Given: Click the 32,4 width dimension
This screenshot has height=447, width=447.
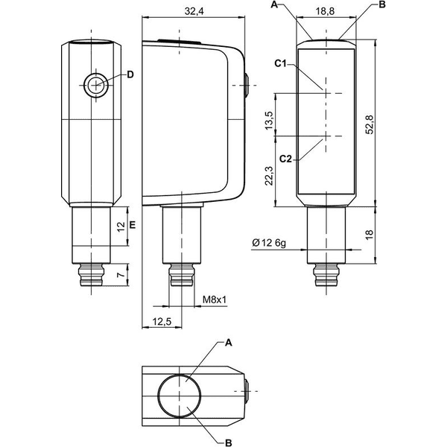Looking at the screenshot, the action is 194,11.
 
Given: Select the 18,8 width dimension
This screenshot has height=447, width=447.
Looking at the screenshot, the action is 325,11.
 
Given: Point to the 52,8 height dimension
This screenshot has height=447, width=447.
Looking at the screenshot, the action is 370,124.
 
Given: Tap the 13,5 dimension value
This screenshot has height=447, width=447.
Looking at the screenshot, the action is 269,121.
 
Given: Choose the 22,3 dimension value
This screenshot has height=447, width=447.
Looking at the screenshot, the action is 269,176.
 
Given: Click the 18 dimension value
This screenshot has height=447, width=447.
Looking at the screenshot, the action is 369,234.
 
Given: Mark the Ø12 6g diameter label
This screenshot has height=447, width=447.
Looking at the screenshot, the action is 269,243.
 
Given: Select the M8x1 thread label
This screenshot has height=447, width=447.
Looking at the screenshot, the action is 215,299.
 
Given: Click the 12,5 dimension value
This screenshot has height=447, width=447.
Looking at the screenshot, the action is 162,322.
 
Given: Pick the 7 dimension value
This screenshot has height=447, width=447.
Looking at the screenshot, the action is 121,275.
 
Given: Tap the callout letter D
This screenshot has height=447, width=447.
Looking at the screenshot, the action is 130,74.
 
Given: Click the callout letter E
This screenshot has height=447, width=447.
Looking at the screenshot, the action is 133,225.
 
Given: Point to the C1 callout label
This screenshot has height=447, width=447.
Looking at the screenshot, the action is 281,63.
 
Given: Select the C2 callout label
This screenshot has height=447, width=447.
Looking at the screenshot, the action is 285,159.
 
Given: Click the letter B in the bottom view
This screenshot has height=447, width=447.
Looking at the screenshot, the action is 229,443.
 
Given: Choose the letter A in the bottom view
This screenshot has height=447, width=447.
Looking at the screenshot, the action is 229,343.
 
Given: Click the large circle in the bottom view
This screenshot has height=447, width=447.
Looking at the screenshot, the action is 158,396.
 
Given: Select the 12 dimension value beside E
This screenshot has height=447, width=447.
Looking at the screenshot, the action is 121,226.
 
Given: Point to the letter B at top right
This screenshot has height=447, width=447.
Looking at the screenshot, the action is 382,5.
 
